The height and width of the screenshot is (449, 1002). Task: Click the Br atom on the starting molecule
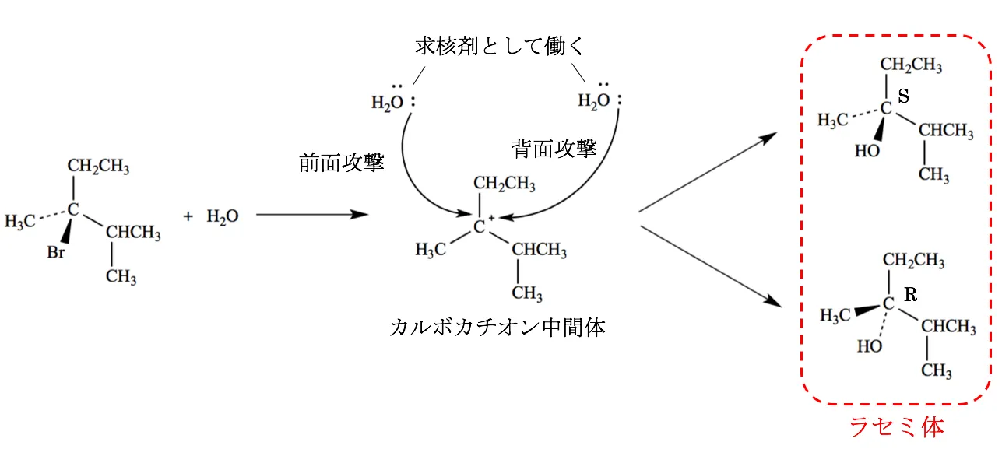pos(56,253)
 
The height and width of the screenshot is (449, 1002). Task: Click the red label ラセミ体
pos(896,426)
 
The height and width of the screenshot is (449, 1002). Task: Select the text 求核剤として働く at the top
pos(499,47)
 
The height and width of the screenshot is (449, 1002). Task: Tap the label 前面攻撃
pos(342,163)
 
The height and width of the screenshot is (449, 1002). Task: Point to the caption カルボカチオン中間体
pos(497,327)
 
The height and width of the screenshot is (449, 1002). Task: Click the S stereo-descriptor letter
pos(904,96)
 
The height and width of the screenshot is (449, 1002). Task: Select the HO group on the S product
pos(867,151)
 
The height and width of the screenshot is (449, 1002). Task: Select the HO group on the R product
pos(870,346)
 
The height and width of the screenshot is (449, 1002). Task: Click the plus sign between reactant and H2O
pos(188,216)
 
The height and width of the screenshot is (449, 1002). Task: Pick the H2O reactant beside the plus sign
pos(222,216)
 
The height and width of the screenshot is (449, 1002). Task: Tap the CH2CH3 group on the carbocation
pos(505,184)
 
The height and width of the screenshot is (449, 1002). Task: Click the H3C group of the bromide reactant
pos(19,221)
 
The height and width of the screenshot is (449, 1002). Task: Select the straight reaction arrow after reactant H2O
pos(311,214)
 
